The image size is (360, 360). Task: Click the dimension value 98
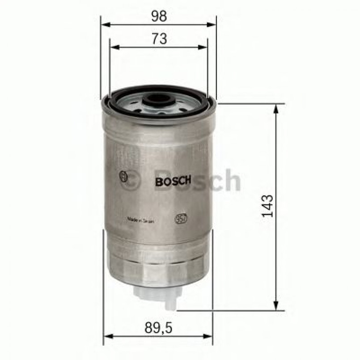pyautogui.click(x=159, y=16)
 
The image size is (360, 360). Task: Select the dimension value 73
pyautogui.click(x=159, y=39)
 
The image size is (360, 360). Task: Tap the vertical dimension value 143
pyautogui.click(x=267, y=206)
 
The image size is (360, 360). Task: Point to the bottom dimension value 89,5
pyautogui.click(x=159, y=329)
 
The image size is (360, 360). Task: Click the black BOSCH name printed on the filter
pyautogui.click(x=173, y=181)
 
